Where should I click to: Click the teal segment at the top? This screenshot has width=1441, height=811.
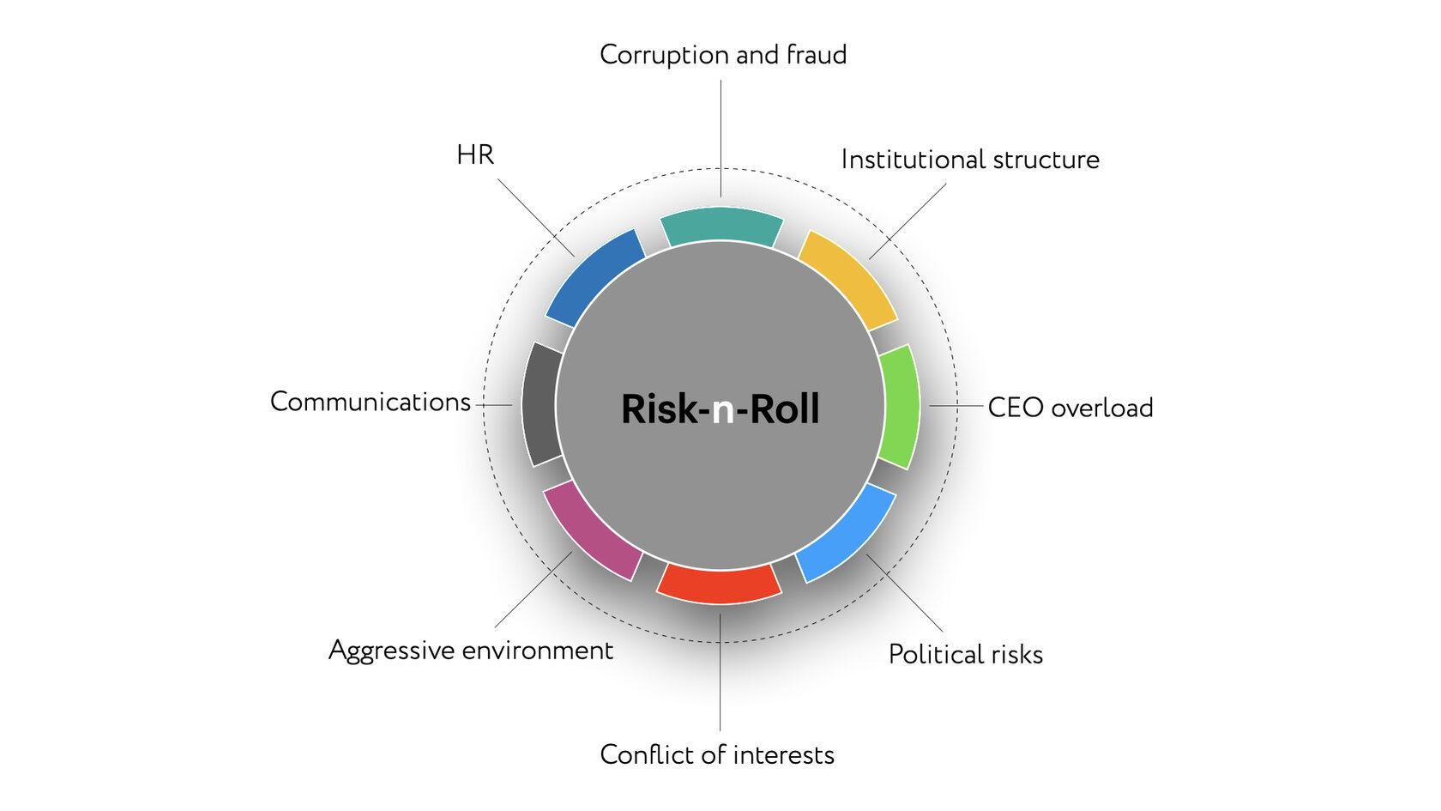[x=721, y=225]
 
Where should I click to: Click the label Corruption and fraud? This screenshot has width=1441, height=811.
[x=723, y=55]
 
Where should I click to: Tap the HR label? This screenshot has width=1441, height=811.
[x=475, y=155]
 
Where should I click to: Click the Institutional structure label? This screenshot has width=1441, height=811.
[x=971, y=160]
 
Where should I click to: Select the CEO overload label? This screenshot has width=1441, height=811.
[x=1070, y=408]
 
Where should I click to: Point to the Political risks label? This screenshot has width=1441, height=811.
[x=966, y=655]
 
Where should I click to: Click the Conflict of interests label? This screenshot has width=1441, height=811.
[x=717, y=754]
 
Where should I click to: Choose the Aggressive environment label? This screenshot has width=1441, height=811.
[x=471, y=651]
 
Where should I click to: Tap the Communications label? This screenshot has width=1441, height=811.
[x=371, y=402]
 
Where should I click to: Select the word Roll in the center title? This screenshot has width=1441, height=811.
[x=785, y=409]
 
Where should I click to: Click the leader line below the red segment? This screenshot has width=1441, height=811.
[x=720, y=672]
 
